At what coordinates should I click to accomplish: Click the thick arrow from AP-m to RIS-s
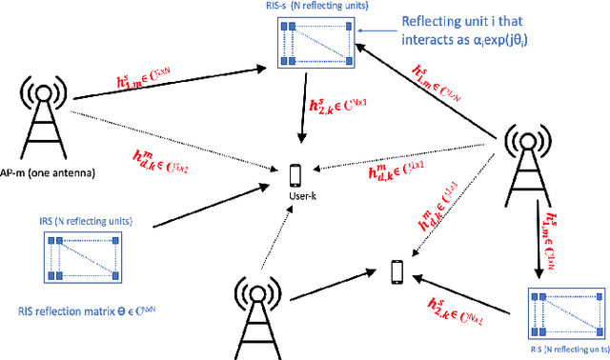click(167, 83)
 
